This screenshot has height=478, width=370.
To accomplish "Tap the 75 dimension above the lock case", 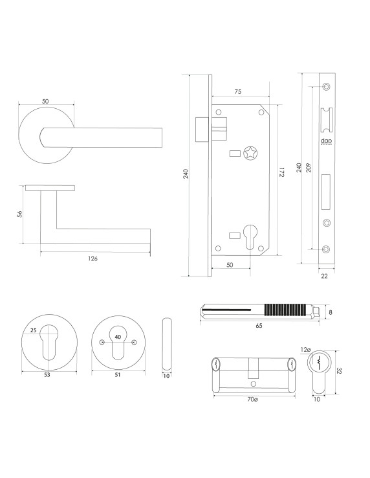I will coord(237,93).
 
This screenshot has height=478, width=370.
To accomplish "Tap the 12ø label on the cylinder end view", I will coord(307,350).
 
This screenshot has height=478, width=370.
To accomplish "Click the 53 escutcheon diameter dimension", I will coord(47,374).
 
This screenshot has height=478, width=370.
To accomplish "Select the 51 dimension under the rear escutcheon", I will coord(117,374).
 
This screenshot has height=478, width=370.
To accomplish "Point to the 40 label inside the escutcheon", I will coord(117,336).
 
